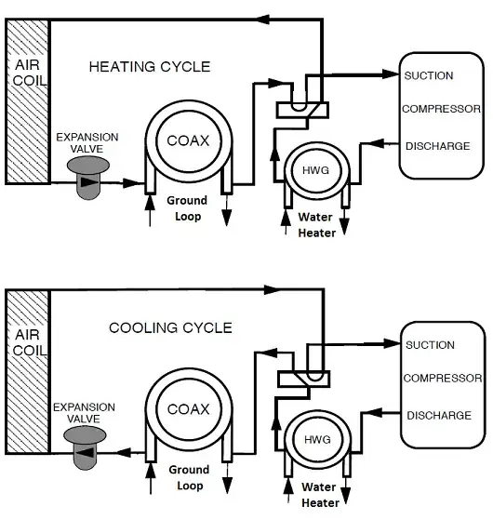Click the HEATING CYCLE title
(x=150, y=67)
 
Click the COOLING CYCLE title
(x=170, y=328)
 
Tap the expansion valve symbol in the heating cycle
(x=87, y=178)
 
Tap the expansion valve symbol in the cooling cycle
(x=85, y=447)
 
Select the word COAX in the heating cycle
(x=188, y=140)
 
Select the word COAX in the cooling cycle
(x=188, y=409)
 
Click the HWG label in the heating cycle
(x=315, y=170)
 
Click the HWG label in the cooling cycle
(x=317, y=440)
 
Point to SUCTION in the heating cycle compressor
(x=429, y=75)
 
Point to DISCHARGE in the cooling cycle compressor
(x=439, y=416)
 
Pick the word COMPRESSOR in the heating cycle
(x=441, y=109)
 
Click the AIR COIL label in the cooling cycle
(x=29, y=342)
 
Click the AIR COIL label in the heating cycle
(x=29, y=73)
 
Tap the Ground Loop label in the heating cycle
(x=187, y=208)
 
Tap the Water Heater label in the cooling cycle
(x=320, y=495)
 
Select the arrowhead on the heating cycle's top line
(x=264, y=19)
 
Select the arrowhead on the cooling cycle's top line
(x=273, y=289)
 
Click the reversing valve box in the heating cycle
(x=302, y=110)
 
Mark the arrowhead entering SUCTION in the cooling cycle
(x=392, y=343)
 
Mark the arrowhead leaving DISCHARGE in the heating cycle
(x=376, y=143)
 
